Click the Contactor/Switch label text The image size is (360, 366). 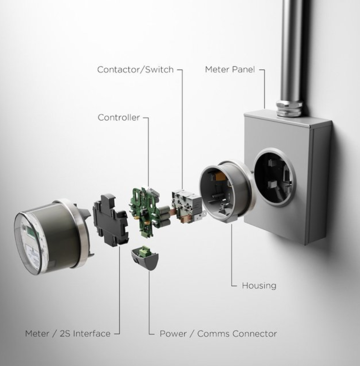[135, 70]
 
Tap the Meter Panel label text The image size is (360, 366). [230, 69]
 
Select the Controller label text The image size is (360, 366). [119, 117]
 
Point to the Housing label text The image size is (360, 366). [259, 286]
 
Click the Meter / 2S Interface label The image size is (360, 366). [68, 333]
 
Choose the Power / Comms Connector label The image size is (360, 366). [218, 333]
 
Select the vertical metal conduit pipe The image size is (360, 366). [291, 48]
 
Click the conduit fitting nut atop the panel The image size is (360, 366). [289, 109]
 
